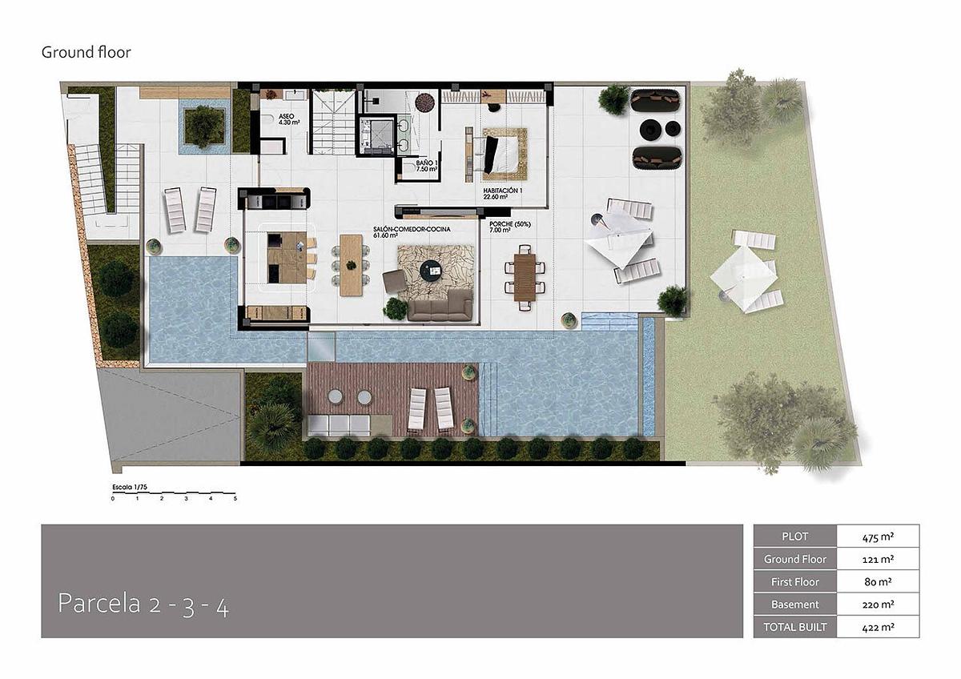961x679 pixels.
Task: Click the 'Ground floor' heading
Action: point(86,52)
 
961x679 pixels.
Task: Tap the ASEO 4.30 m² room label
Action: point(289,119)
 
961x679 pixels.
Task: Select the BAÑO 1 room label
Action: point(426,166)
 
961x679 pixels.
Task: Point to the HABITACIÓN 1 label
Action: point(502,194)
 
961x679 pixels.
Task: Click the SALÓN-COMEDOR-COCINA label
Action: point(412,232)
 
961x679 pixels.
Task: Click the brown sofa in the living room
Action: point(440,305)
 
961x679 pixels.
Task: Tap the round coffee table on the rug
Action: point(432,271)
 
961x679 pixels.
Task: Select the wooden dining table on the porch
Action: point(525,277)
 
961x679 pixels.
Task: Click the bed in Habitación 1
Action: point(502,154)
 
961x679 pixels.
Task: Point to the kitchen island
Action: point(287,257)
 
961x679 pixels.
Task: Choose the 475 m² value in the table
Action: point(878,536)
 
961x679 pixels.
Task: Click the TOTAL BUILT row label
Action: point(795,627)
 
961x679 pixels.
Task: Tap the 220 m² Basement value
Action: point(878,605)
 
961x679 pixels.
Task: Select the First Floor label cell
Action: point(795,581)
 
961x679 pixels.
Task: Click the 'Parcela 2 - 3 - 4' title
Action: point(143,604)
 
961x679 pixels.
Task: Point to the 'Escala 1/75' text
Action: point(130,488)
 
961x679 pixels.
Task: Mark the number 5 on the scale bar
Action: point(235,499)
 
